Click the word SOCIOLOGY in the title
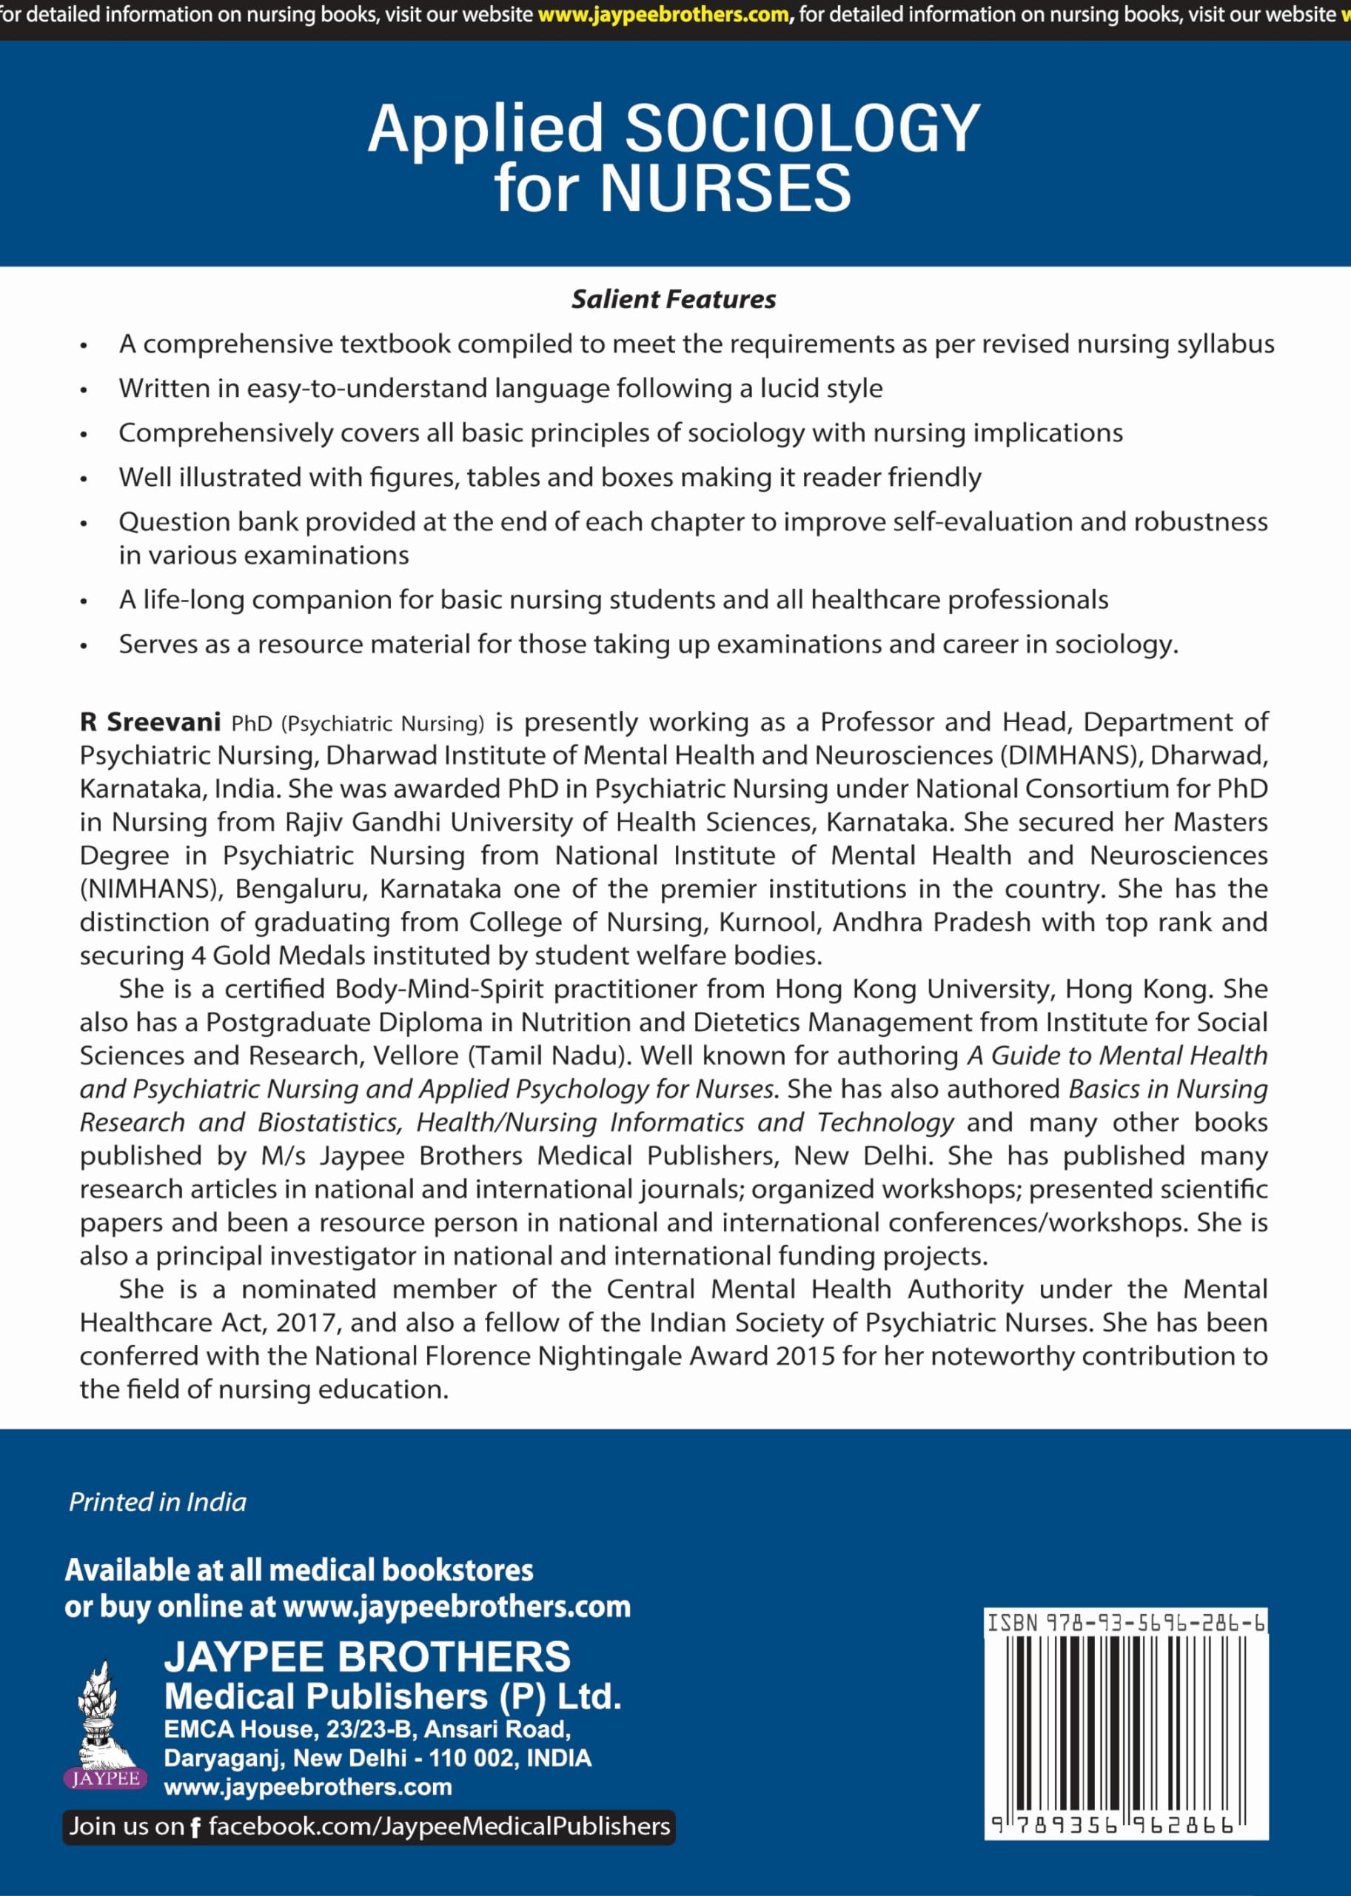point(802,129)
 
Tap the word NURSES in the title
point(725,188)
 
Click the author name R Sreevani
point(150,721)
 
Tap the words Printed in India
point(157,1502)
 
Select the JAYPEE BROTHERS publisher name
point(367,1656)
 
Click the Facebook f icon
point(195,1828)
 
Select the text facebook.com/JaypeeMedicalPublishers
point(438,1827)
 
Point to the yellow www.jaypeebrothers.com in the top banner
point(663,15)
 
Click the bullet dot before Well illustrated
point(83,479)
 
